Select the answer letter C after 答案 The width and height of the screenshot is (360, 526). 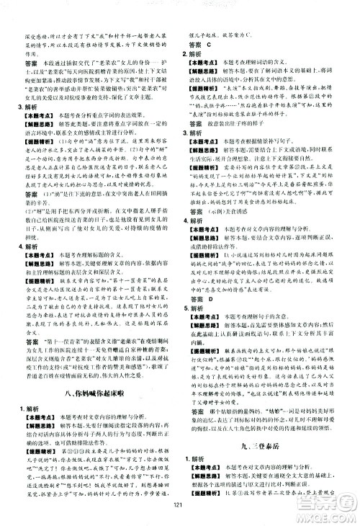209,45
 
